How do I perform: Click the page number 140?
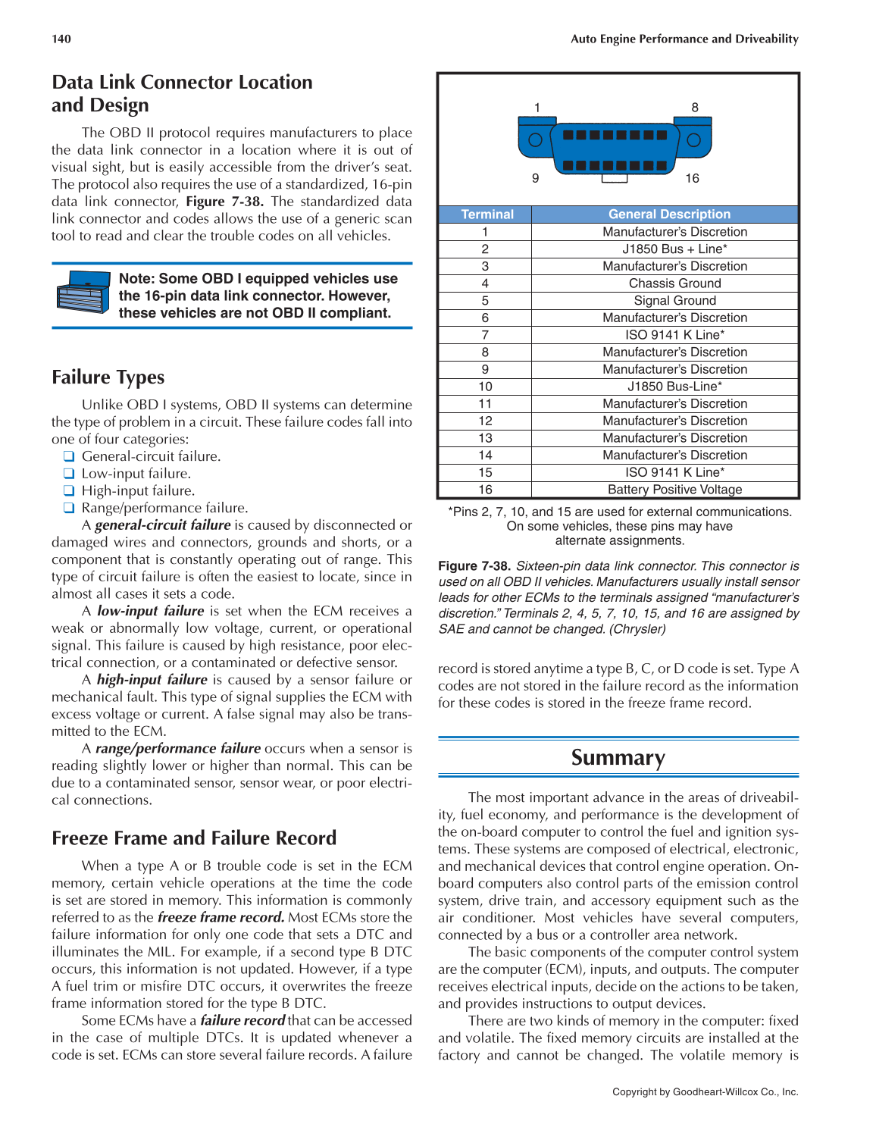coord(61,39)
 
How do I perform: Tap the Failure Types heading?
coord(108,377)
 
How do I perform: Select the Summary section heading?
coord(618,758)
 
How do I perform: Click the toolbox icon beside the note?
coord(83,293)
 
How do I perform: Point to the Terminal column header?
coord(487,214)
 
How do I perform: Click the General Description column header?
coord(669,214)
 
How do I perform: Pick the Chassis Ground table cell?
coord(674,283)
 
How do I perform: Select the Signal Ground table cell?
coord(674,300)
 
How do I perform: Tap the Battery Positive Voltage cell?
coord(674,490)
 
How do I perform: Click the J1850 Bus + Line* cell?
coord(674,249)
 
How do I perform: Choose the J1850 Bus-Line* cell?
coord(674,387)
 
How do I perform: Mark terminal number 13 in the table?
coord(485,438)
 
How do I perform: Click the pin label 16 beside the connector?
coord(692,178)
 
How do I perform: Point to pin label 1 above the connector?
coord(537,108)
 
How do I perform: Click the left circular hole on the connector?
coord(535,139)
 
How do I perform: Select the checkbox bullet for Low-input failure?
coord(69,474)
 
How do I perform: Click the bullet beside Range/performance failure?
coord(69,508)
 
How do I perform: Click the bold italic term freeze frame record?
coord(221,917)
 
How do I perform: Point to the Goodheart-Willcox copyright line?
coord(705,1092)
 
